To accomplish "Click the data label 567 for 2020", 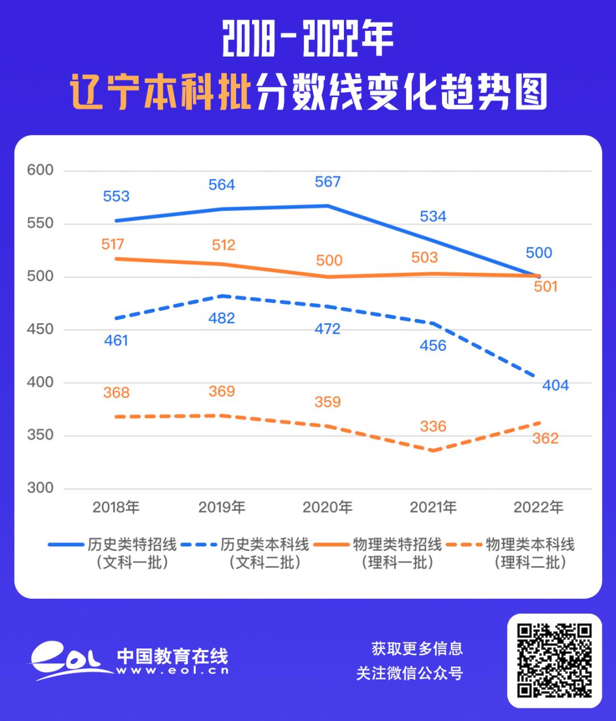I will tap(327, 182).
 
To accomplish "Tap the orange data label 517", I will tap(112, 244).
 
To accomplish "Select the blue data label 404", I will tap(556, 385).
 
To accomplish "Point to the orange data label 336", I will tap(433, 426).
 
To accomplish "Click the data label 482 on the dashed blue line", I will tap(222, 318).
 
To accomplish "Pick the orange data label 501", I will tap(545, 287).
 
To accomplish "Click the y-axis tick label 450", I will tap(40, 329).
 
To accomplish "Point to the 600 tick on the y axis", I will tap(40, 170).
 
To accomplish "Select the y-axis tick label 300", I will tap(40, 488).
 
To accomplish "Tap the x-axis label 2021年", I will tap(433, 507).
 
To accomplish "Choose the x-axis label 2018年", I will tap(116, 507).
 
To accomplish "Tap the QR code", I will tap(554, 660).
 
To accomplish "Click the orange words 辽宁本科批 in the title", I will tap(161, 92).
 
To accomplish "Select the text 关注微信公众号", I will tap(409, 674).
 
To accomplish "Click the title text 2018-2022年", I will tap(307, 41).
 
